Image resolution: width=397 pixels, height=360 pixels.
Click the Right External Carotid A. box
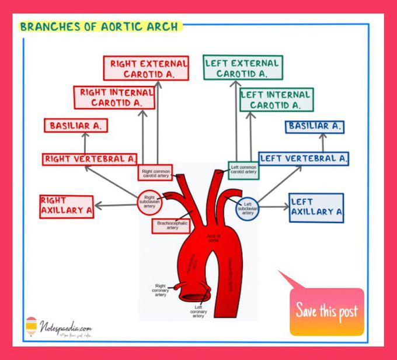[x=146, y=68]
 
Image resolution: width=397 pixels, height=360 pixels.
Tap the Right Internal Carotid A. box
[x=114, y=97]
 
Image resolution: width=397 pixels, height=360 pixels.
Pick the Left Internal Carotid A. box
[x=276, y=99]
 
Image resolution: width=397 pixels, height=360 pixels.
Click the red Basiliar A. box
[x=76, y=125]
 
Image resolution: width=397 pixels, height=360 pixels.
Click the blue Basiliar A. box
[x=315, y=126]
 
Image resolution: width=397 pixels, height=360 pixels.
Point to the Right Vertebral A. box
[x=89, y=158]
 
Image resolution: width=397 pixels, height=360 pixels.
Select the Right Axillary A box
[x=67, y=205]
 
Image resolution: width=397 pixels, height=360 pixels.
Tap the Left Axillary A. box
[x=316, y=207]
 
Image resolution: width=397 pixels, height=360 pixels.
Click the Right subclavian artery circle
[x=149, y=202]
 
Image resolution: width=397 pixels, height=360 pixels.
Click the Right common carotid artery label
[x=155, y=172]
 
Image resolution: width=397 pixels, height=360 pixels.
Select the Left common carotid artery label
[x=243, y=170]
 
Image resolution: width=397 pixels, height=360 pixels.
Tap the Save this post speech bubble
[x=326, y=310]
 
